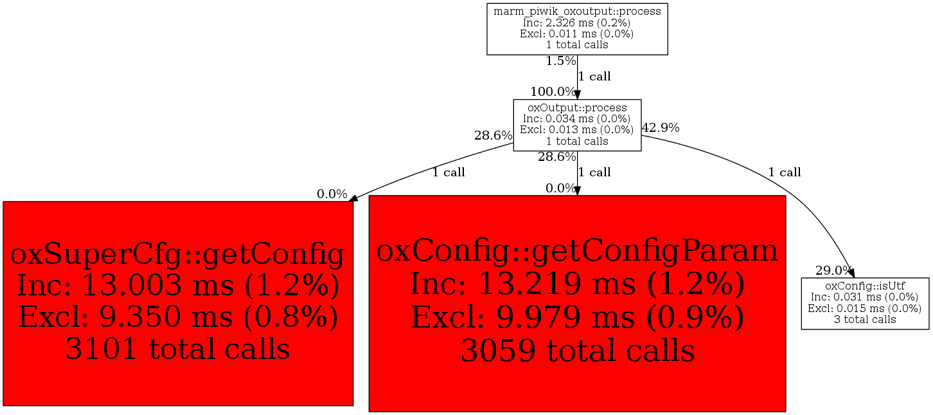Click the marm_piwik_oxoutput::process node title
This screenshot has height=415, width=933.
coord(577,12)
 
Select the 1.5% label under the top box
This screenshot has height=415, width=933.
coord(560,61)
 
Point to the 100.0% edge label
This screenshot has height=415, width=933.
coord(553,91)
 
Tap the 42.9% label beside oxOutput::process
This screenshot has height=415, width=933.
coord(661,127)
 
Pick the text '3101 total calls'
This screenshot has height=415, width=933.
coord(178,349)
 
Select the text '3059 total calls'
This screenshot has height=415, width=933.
coord(577,351)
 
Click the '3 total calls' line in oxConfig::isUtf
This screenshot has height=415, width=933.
coord(865,320)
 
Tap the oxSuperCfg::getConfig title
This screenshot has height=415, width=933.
coord(177,254)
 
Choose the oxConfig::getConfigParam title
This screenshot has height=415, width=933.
coord(577,251)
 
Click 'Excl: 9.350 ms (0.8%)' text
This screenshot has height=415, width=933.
coord(178,317)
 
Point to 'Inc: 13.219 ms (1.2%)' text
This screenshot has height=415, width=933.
coord(577,284)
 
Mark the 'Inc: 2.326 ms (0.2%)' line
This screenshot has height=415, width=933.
coord(577,23)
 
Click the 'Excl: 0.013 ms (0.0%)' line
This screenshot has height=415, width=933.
coord(577,130)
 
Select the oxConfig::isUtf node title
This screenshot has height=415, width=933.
coord(865,286)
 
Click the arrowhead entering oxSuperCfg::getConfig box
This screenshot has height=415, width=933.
coord(353,199)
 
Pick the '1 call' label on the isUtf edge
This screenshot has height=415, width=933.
coord(785,172)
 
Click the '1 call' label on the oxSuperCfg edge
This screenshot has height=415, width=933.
coord(448,172)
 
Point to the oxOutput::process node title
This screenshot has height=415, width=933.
coord(577,107)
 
